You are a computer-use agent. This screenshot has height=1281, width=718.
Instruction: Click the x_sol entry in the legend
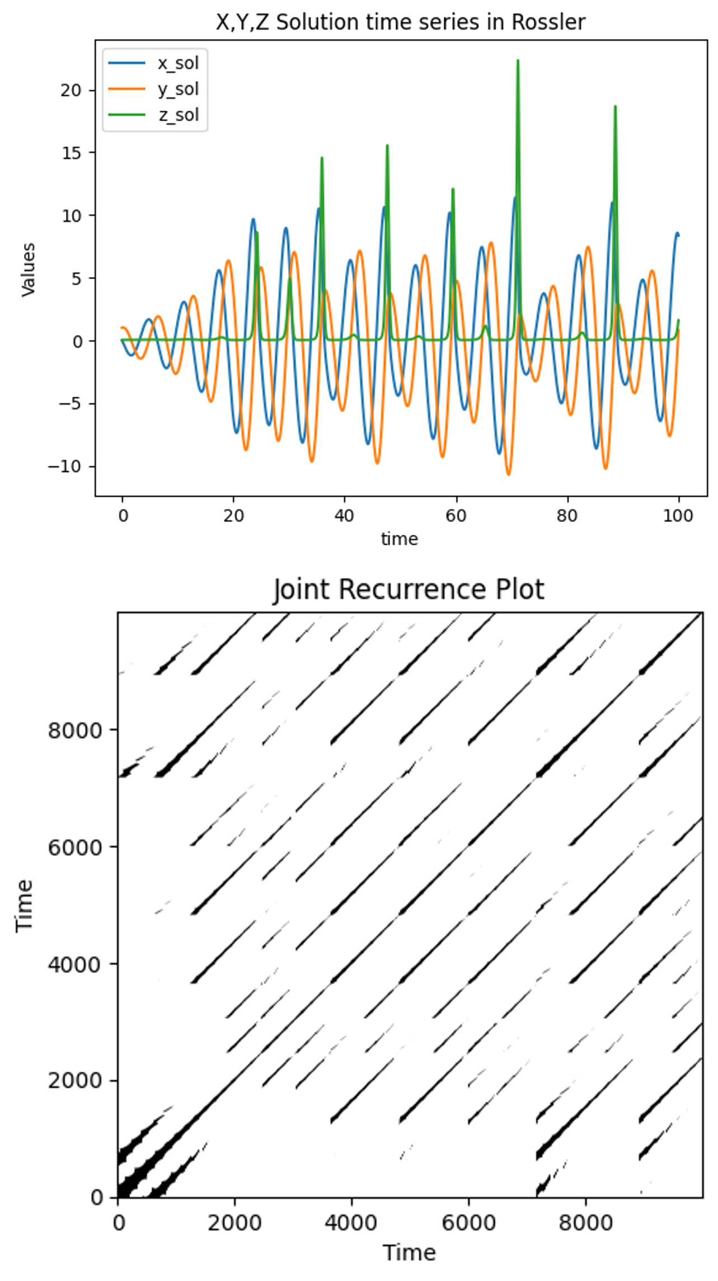177,63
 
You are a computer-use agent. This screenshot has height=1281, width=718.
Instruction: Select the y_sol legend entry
177,89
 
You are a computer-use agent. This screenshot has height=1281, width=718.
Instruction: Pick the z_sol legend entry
177,115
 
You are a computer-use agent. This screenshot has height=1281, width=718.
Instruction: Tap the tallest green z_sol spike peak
518,60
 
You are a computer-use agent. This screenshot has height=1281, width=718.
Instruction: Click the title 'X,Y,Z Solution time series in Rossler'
400,22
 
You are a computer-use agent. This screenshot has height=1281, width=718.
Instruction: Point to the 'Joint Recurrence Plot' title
409,590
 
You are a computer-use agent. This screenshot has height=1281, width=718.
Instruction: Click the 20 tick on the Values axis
71,90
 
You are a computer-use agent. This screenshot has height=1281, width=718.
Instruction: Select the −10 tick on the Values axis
65,466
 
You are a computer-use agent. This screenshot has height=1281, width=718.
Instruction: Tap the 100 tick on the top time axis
678,516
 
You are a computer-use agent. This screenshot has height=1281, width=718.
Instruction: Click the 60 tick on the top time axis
456,516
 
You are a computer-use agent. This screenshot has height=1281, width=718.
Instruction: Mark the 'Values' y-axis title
28,270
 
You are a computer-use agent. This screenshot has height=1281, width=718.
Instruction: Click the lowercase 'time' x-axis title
400,539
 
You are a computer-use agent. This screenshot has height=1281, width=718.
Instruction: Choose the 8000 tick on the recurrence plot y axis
74,730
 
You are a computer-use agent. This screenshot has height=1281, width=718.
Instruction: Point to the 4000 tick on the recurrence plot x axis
351,1223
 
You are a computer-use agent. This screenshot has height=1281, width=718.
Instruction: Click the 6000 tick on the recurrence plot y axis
74,847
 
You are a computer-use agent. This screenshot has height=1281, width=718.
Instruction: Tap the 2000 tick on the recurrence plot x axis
234,1223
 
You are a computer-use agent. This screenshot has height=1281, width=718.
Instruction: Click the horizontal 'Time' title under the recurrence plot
409,1252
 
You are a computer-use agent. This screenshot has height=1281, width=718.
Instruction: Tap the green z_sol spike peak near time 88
615,106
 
